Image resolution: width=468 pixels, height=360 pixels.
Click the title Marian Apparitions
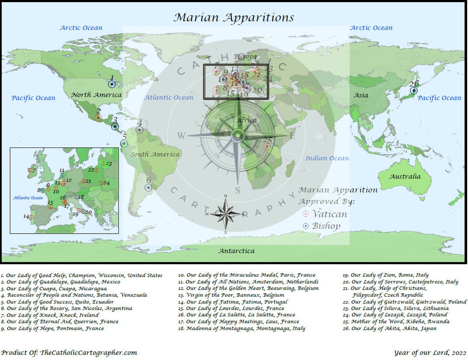[234, 17]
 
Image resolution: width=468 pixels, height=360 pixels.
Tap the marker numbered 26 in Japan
[414, 91]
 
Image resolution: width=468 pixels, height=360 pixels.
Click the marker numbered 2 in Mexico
[99, 118]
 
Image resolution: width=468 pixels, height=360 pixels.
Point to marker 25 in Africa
[267, 147]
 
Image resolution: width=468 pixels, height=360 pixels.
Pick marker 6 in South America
[148, 187]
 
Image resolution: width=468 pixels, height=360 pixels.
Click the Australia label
[405, 177]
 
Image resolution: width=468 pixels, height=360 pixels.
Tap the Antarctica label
[236, 251]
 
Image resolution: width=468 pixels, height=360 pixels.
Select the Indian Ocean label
[327, 158]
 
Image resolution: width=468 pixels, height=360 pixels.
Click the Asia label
[361, 95]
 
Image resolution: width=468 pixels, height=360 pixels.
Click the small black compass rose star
[225, 213]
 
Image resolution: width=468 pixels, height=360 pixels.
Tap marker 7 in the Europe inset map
[30, 170]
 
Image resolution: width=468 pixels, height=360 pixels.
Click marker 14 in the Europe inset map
[31, 217]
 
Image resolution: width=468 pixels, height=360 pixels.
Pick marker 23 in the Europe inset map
[103, 164]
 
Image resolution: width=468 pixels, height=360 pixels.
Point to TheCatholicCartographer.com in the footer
[88, 353]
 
